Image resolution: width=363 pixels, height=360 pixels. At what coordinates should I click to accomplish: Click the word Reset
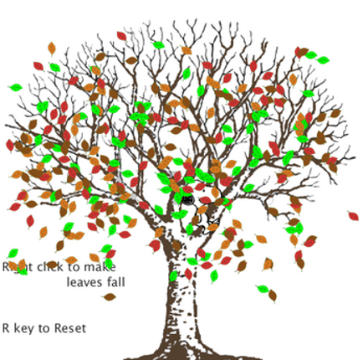click(x=70, y=328)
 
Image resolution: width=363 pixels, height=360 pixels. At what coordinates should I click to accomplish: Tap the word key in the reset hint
click(x=23, y=329)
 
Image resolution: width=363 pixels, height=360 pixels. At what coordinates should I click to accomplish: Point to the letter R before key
click(x=6, y=328)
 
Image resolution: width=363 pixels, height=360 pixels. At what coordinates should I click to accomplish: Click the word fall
click(x=116, y=282)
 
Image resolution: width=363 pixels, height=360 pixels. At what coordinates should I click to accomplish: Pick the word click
click(x=50, y=267)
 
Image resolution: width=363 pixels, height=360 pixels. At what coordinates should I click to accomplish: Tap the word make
click(x=100, y=267)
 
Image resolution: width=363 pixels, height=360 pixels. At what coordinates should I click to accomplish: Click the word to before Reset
click(x=43, y=329)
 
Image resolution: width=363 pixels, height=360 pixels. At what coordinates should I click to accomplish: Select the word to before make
click(x=74, y=267)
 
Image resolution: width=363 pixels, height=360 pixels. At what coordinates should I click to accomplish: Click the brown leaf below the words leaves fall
click(x=110, y=296)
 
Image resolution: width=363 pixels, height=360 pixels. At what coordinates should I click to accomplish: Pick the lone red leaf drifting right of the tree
click(x=353, y=216)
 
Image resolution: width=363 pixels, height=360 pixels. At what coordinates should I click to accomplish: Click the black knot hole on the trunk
click(x=187, y=199)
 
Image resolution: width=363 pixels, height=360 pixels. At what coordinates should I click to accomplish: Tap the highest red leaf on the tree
click(x=121, y=36)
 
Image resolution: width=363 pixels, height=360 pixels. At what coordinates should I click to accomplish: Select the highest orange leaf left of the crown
click(x=52, y=49)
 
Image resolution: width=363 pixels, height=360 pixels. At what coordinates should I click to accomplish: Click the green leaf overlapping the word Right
click(x=22, y=270)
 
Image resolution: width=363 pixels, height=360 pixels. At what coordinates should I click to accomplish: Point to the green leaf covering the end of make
click(x=109, y=264)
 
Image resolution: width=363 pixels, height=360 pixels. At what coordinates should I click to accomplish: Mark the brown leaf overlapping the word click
click(x=52, y=265)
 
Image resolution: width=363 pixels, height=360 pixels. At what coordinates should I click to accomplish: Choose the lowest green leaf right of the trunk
click(x=263, y=289)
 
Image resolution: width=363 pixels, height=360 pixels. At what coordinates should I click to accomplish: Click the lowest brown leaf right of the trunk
click(x=273, y=296)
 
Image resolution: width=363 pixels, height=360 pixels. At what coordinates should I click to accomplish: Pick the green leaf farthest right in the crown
click(x=323, y=59)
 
